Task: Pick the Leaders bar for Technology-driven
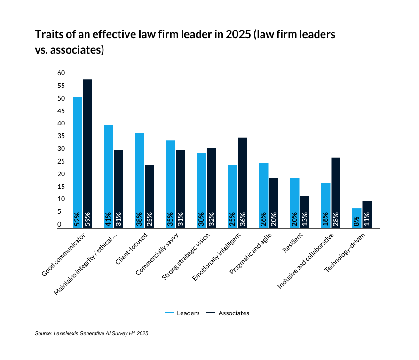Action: click(356, 218)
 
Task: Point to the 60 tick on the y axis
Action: click(61, 73)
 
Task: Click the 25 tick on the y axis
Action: click(61, 161)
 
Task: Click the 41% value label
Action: click(109, 219)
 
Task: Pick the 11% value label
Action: click(367, 219)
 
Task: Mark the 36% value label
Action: click(243, 219)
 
